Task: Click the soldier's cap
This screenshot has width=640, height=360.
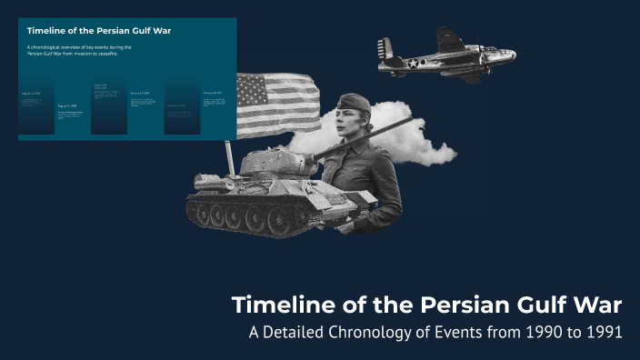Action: tap(354, 103)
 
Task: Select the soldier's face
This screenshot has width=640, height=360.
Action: tap(350, 121)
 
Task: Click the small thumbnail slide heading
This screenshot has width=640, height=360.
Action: tap(74, 30)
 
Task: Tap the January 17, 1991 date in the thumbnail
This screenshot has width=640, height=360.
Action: tap(139, 93)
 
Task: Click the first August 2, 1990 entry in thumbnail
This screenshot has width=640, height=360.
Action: tap(31, 93)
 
